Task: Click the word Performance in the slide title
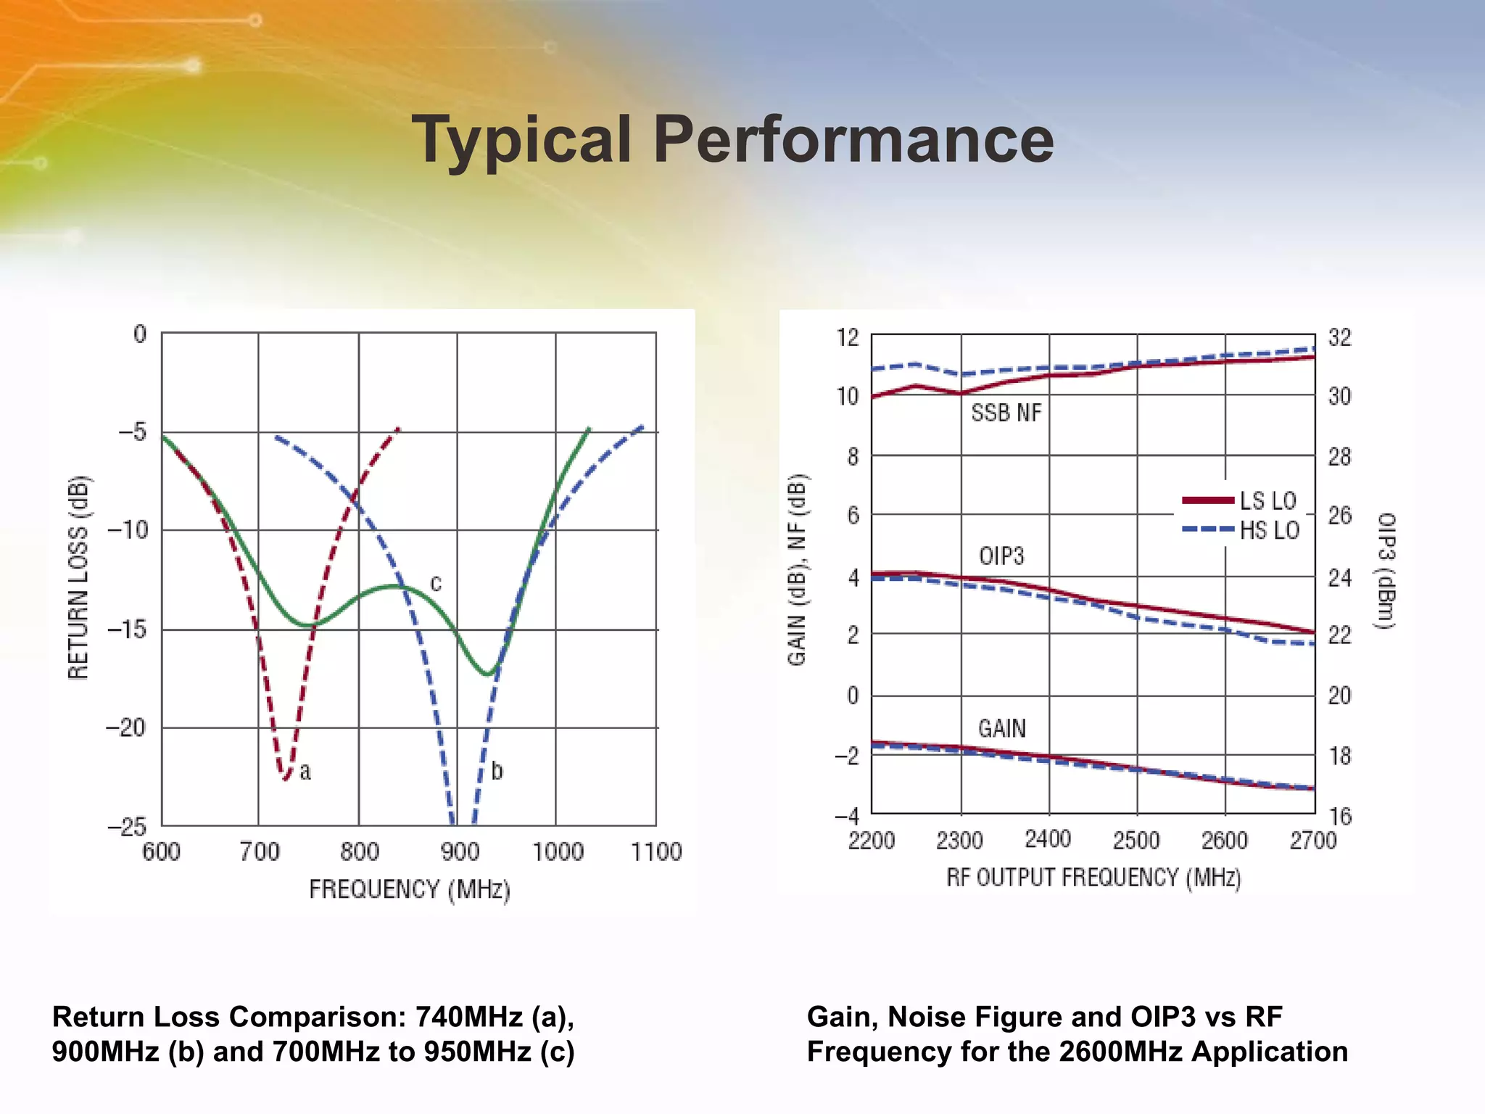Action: point(853,139)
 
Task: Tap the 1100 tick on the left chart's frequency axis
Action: point(656,851)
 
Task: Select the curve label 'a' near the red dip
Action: point(305,772)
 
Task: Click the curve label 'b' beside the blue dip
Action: point(497,770)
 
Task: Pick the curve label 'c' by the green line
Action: point(436,583)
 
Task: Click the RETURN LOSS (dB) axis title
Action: point(78,577)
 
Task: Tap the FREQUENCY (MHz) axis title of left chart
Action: point(410,889)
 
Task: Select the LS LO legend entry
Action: point(1240,500)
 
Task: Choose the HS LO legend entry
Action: point(1241,530)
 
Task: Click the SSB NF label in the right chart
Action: point(1006,413)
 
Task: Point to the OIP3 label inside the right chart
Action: point(1001,556)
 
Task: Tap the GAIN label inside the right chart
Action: point(1002,728)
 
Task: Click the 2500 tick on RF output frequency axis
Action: point(1136,841)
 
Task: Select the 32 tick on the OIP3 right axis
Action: point(1339,337)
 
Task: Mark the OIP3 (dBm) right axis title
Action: point(1386,571)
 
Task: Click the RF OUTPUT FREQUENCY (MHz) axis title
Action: point(1093,878)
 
